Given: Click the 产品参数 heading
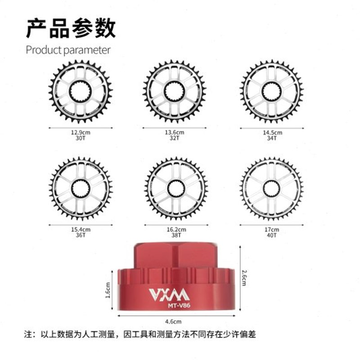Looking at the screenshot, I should click(71, 28).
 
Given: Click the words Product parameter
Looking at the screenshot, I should click(68, 49).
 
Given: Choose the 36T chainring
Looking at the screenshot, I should click(81, 188).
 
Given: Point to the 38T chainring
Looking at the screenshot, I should click(176, 188).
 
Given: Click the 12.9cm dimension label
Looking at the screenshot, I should click(81, 133).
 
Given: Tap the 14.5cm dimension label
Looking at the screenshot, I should click(272, 133).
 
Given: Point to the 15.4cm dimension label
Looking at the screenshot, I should click(81, 229).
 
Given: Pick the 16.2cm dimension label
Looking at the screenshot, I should click(176, 229).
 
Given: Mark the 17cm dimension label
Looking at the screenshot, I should click(272, 229).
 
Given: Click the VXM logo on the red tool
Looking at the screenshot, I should click(169, 294).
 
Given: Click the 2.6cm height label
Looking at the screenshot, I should click(244, 278).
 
